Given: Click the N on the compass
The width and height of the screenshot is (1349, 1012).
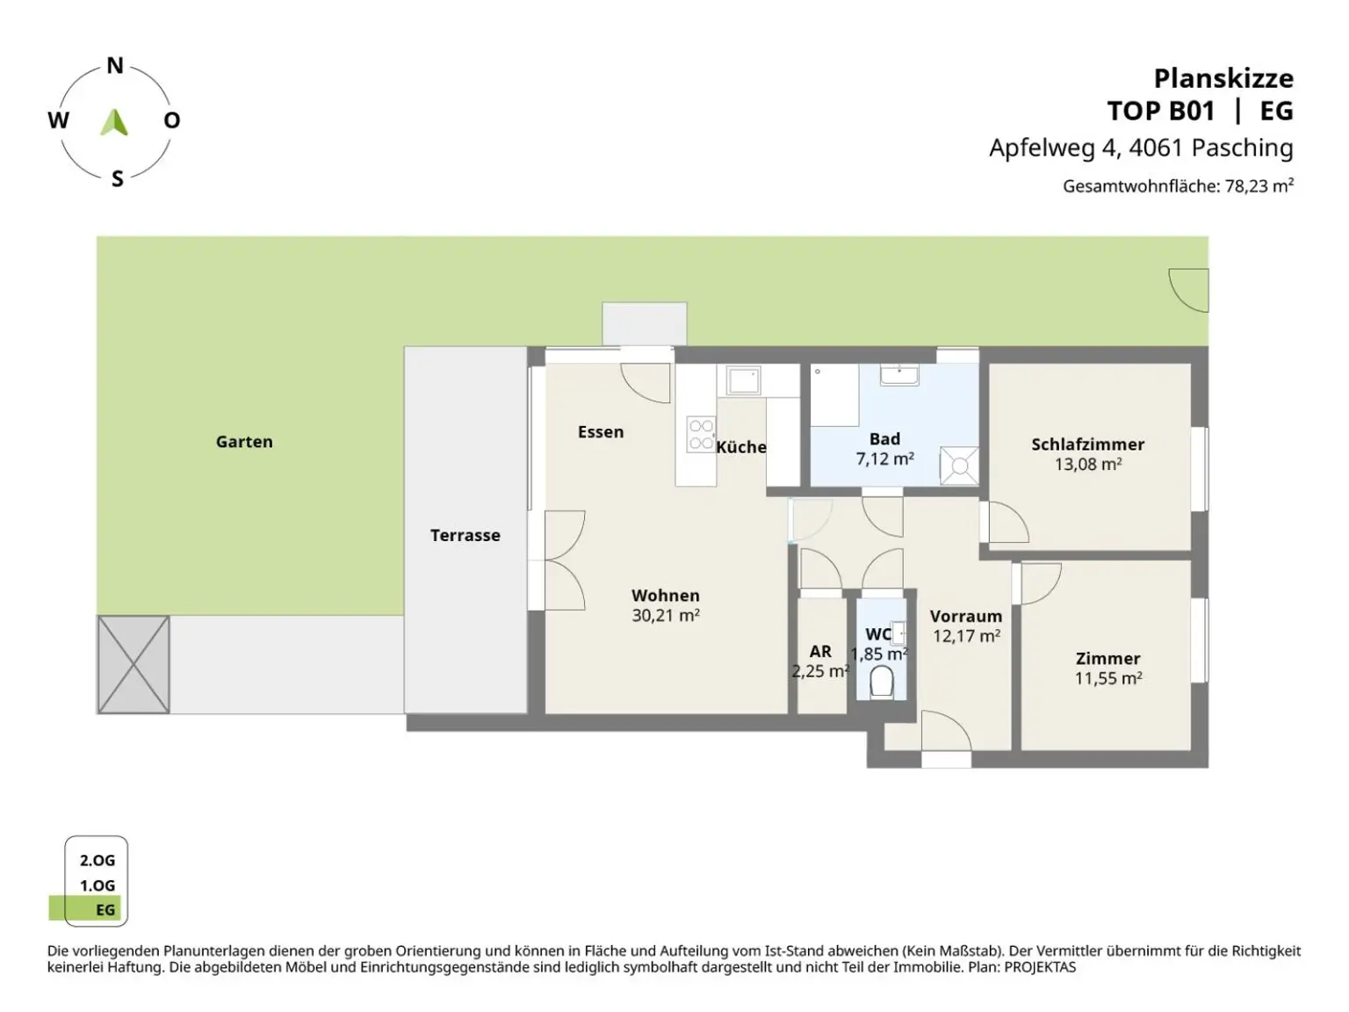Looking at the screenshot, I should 115,66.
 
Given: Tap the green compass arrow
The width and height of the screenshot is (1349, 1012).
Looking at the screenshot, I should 114,122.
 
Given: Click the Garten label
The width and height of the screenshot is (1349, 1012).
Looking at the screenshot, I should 244,442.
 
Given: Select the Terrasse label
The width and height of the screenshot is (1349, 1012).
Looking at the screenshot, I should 465,535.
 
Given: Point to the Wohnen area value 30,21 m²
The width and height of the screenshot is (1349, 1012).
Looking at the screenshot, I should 665,616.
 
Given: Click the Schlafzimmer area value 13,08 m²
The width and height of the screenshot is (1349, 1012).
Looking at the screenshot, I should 1087,465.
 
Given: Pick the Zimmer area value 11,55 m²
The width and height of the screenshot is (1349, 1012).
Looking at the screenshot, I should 1107,678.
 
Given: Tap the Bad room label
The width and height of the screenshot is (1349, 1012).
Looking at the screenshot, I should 884,438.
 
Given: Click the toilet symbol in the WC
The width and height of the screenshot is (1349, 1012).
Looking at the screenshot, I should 882,682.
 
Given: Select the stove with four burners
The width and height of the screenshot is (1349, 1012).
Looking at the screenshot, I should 701,435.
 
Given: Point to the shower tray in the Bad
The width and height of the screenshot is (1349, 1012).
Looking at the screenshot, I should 959,466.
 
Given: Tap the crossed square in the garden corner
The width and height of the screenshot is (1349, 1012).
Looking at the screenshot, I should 133,664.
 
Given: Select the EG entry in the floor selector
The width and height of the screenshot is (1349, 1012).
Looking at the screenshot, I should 105,910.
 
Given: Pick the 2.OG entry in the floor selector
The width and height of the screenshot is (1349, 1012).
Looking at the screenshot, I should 97,861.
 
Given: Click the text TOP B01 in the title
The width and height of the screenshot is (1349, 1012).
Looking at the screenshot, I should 1160,112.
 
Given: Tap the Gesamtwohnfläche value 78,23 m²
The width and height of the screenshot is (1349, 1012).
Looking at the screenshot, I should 1259,186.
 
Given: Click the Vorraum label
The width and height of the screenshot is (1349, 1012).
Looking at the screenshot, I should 965,617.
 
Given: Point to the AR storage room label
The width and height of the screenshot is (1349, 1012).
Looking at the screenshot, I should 820,652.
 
